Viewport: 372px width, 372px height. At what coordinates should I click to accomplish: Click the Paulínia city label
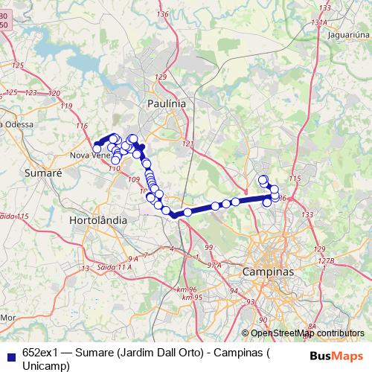click(x=167, y=103)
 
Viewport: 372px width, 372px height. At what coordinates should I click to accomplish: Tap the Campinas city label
click(x=269, y=272)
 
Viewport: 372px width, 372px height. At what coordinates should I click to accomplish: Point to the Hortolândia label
click(x=97, y=221)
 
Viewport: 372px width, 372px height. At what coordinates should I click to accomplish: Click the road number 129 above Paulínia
click(x=160, y=77)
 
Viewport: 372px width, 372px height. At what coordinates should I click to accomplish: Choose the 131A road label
click(x=319, y=22)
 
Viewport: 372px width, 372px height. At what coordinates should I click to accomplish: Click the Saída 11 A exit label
click(x=117, y=266)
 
